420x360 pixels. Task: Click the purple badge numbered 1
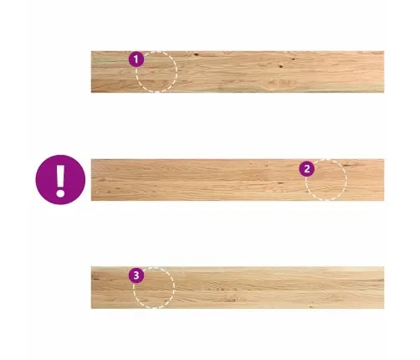pyautogui.click(x=136, y=59)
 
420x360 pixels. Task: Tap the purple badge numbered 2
pyautogui.click(x=307, y=169)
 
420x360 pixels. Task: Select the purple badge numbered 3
pyautogui.click(x=136, y=275)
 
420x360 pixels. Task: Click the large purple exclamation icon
pyautogui.click(x=60, y=180)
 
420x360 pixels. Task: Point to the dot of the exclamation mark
pyautogui.click(x=60, y=193)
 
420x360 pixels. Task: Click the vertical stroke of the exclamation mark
pyautogui.click(x=60, y=176)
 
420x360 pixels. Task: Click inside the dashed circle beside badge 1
pyautogui.click(x=156, y=72)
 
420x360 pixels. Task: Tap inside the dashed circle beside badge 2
pyautogui.click(x=326, y=179)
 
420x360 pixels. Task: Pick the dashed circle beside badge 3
pyautogui.click(x=154, y=288)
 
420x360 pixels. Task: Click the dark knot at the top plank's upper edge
pyautogui.click(x=197, y=54)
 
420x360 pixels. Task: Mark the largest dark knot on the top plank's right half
pyautogui.click(x=281, y=66)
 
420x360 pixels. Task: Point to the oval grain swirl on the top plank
pyautogui.click(x=280, y=83)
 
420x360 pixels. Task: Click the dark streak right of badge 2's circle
pyautogui.click(x=346, y=165)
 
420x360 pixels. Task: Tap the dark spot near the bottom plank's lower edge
pyautogui.click(x=311, y=306)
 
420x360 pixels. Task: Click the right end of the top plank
pyautogui.click(x=384, y=72)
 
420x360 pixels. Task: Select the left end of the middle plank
pyautogui.click(x=91, y=180)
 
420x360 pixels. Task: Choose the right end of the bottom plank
pyautogui.click(x=384, y=288)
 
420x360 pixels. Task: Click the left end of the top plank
pyautogui.click(x=91, y=72)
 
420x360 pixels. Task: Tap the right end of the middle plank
pyautogui.click(x=384, y=180)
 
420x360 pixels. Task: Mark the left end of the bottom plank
pyautogui.click(x=91, y=288)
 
